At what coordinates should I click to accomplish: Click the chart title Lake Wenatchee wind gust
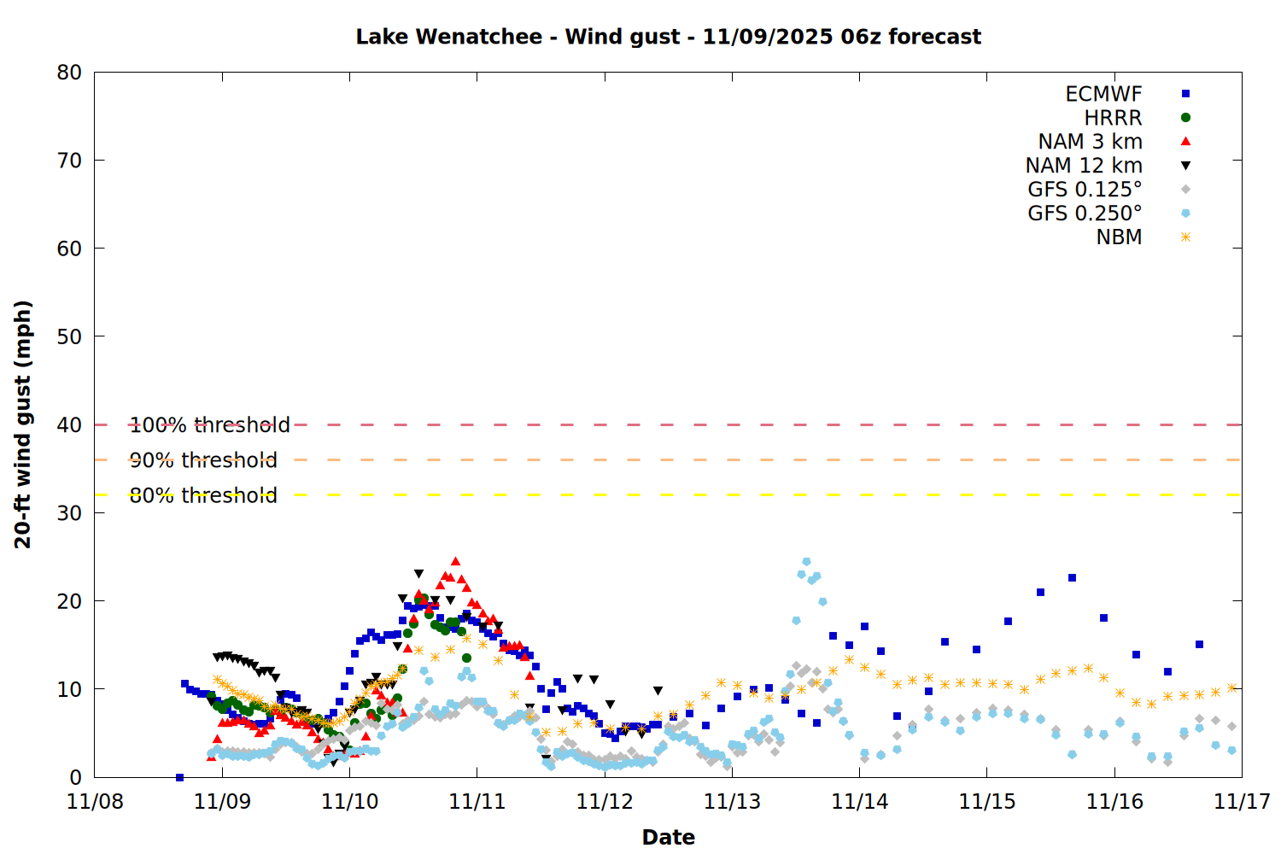click(668, 37)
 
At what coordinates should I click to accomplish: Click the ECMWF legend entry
click(1103, 94)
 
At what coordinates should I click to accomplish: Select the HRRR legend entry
click(1113, 118)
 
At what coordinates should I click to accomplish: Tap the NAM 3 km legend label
click(1090, 142)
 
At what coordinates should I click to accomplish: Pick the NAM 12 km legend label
click(1084, 166)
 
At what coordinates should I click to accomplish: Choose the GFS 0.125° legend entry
click(1085, 190)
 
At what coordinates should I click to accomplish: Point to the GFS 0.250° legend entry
click(1085, 213)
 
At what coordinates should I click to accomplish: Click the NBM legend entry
click(1119, 237)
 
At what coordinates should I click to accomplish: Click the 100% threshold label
click(209, 424)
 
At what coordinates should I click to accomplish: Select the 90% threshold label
click(203, 460)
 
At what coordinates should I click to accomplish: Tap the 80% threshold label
click(203, 495)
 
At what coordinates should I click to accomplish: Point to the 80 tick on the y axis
click(69, 73)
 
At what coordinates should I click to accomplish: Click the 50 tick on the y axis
click(69, 336)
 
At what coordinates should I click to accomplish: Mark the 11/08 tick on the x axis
click(95, 802)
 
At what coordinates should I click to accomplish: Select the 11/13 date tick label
click(732, 802)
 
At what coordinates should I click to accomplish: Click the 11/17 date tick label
click(1242, 802)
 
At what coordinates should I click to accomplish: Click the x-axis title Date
click(668, 837)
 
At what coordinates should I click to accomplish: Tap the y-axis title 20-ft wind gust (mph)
click(23, 424)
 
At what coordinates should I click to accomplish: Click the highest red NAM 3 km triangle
click(455, 561)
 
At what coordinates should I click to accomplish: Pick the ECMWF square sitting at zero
click(179, 777)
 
